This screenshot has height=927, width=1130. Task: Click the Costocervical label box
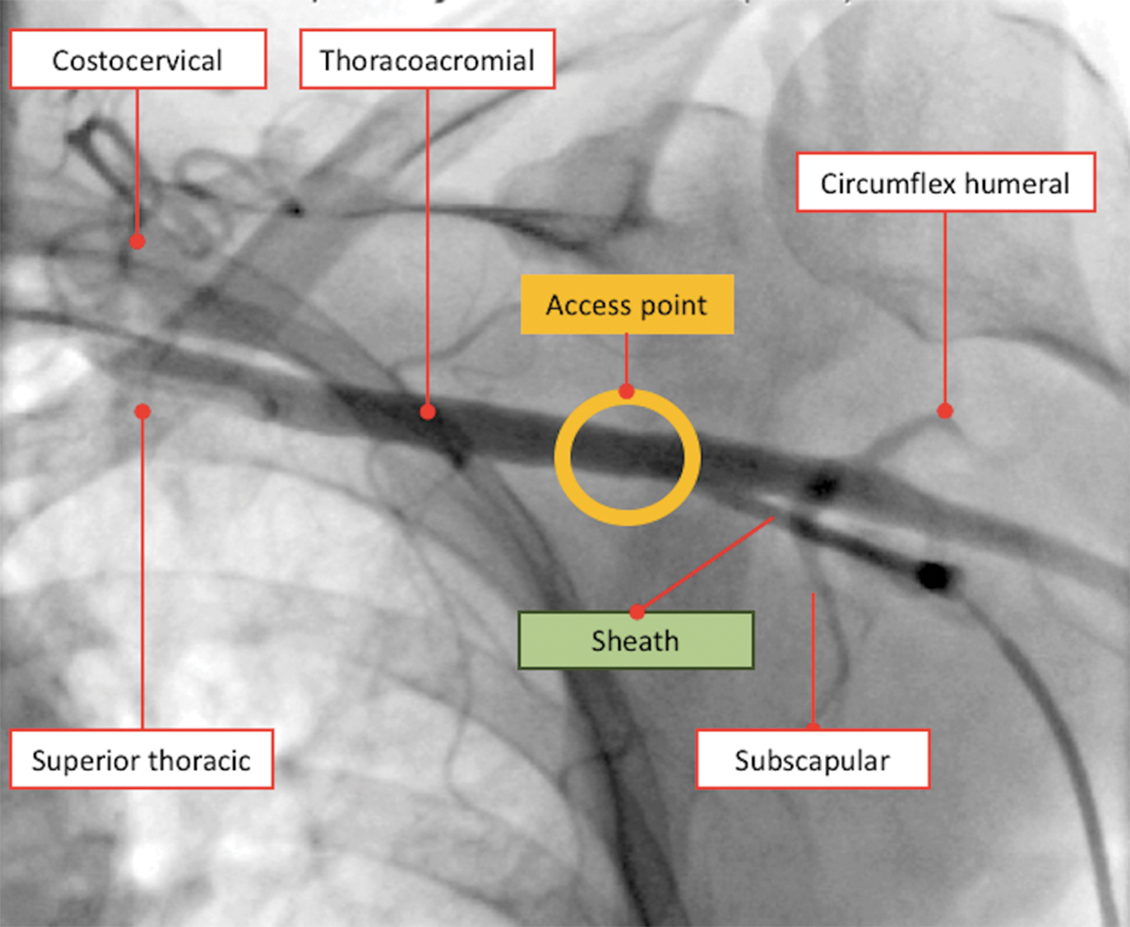pos(137,61)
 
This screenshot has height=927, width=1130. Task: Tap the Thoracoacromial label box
pos(427,61)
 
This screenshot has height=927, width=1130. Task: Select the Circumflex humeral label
pos(944,183)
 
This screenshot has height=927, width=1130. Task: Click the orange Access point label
pos(626,305)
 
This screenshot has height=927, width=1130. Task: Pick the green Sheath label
pos(635,641)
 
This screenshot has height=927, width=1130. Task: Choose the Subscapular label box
pos(812,759)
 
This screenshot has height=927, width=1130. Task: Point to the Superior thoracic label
pos(141,759)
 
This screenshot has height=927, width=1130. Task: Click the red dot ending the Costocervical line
pos(137,241)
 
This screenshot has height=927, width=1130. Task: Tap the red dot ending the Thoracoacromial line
pos(427,411)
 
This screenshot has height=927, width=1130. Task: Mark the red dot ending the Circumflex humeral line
pos(944,410)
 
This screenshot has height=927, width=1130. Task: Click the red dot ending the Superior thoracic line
pos(142,410)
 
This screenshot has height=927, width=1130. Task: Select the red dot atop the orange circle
pos(626,392)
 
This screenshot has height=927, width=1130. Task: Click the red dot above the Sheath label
pos(637,612)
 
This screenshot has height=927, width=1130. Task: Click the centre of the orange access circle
pos(626,458)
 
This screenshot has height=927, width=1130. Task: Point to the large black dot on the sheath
pos(933,575)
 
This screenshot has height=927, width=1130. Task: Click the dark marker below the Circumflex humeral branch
pos(823,486)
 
